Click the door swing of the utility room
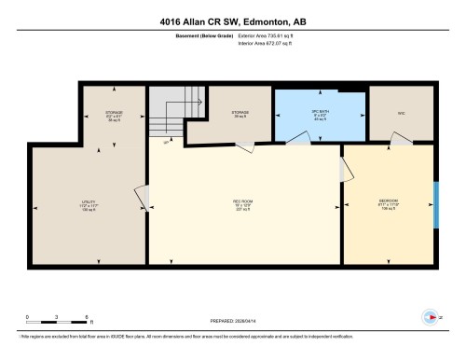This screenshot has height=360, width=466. pyautogui.click(x=142, y=198)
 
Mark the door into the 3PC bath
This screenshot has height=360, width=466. pyautogui.click(x=299, y=140)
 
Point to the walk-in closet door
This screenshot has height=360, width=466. pyautogui.click(x=402, y=139)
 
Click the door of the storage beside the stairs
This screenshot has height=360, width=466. pyautogui.click(x=244, y=146)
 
